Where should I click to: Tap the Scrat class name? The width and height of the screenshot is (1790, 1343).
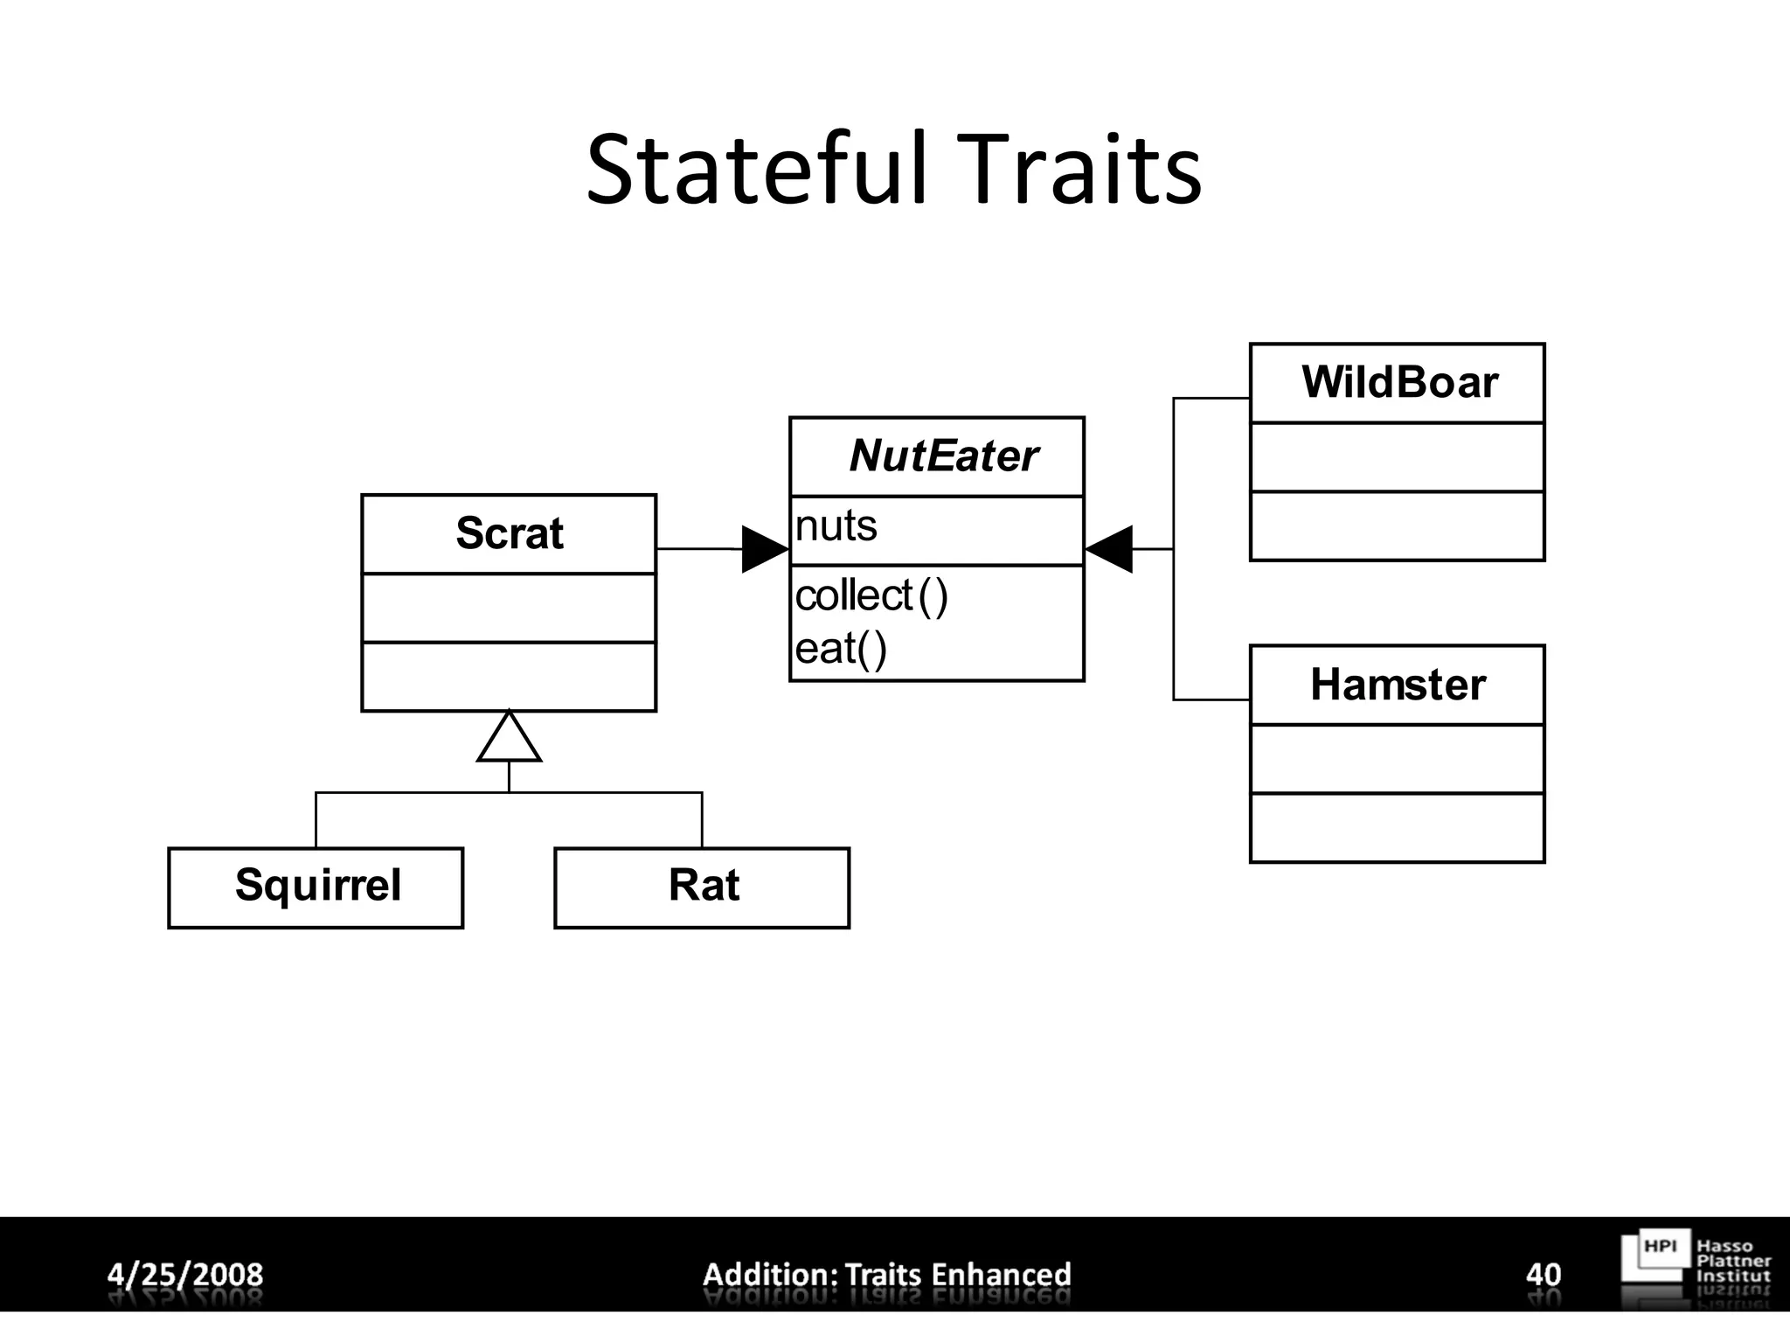tap(510, 533)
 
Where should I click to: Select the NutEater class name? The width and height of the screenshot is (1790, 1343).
tap(943, 456)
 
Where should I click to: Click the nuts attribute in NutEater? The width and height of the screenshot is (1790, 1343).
tap(836, 526)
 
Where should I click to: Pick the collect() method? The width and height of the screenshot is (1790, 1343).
tap(871, 596)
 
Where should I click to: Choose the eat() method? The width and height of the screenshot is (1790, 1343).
tap(841, 649)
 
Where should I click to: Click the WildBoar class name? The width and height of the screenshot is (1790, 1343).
tap(1399, 383)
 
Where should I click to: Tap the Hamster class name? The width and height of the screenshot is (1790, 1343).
tap(1398, 685)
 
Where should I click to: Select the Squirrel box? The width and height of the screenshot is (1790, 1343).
tap(316, 887)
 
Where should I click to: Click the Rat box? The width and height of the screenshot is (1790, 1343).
tap(703, 887)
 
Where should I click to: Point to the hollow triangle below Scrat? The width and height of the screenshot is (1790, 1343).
tap(509, 740)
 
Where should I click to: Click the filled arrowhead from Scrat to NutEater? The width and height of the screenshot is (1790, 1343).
tap(763, 549)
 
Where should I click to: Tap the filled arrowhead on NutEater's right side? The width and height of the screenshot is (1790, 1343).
tap(1110, 549)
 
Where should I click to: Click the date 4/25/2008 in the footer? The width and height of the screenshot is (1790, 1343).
tap(185, 1274)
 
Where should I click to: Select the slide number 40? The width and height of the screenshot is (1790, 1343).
tap(1544, 1274)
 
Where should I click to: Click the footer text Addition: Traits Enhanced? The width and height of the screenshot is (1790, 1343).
tap(887, 1274)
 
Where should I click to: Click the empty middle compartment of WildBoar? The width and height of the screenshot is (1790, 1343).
tap(1397, 457)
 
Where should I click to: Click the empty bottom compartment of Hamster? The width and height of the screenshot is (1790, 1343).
tap(1397, 827)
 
